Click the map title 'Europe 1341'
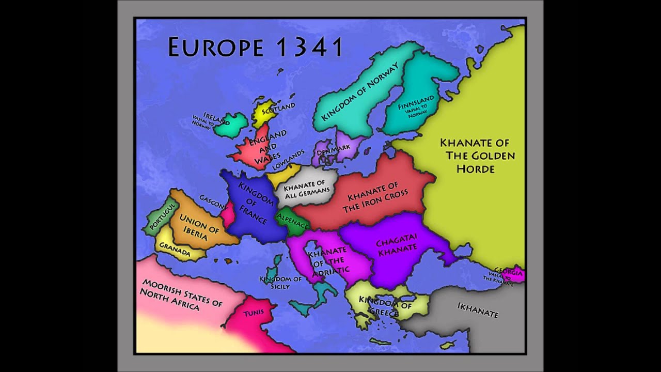256,47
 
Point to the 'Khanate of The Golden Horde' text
474,156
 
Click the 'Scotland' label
278,109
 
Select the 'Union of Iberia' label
199,227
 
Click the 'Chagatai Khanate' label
397,247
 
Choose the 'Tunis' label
253,313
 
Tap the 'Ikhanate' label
478,310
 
